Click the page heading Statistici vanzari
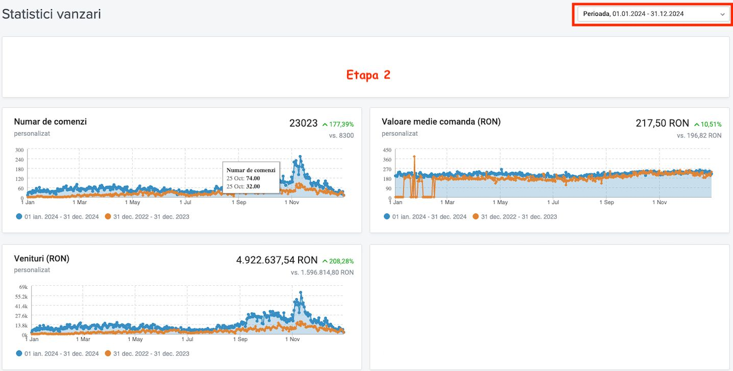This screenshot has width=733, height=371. tap(52, 14)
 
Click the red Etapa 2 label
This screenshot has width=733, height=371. tap(368, 75)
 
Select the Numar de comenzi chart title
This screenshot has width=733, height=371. tap(50, 121)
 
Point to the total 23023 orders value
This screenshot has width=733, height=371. tap(303, 123)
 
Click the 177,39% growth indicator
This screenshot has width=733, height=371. tap(338, 124)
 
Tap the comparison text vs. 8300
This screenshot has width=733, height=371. tap(341, 136)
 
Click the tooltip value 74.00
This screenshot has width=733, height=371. tap(253, 179)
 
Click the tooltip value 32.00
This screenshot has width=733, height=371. tap(253, 186)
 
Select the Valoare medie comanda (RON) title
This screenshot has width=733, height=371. tap(441, 121)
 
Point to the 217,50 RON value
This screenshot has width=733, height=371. tap(662, 123)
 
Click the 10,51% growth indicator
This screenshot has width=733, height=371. tap(707, 124)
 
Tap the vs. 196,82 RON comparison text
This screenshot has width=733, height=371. tap(699, 136)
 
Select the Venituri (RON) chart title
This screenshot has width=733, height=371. tap(41, 258)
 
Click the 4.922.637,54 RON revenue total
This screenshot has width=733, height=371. tap(276, 260)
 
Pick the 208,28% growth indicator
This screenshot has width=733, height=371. tap(338, 261)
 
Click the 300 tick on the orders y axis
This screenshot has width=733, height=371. tap(19, 150)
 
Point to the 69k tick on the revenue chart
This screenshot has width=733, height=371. tap(22, 287)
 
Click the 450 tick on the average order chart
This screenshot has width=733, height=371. tap(387, 150)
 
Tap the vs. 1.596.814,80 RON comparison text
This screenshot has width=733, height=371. tap(322, 273)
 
